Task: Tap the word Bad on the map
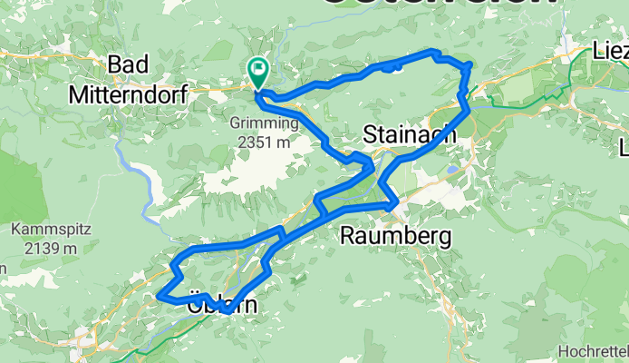pos(134,64)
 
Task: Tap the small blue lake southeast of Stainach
pos(451,169)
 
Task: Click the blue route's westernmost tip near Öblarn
pos(159,295)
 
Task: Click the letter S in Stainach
pos(369,134)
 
